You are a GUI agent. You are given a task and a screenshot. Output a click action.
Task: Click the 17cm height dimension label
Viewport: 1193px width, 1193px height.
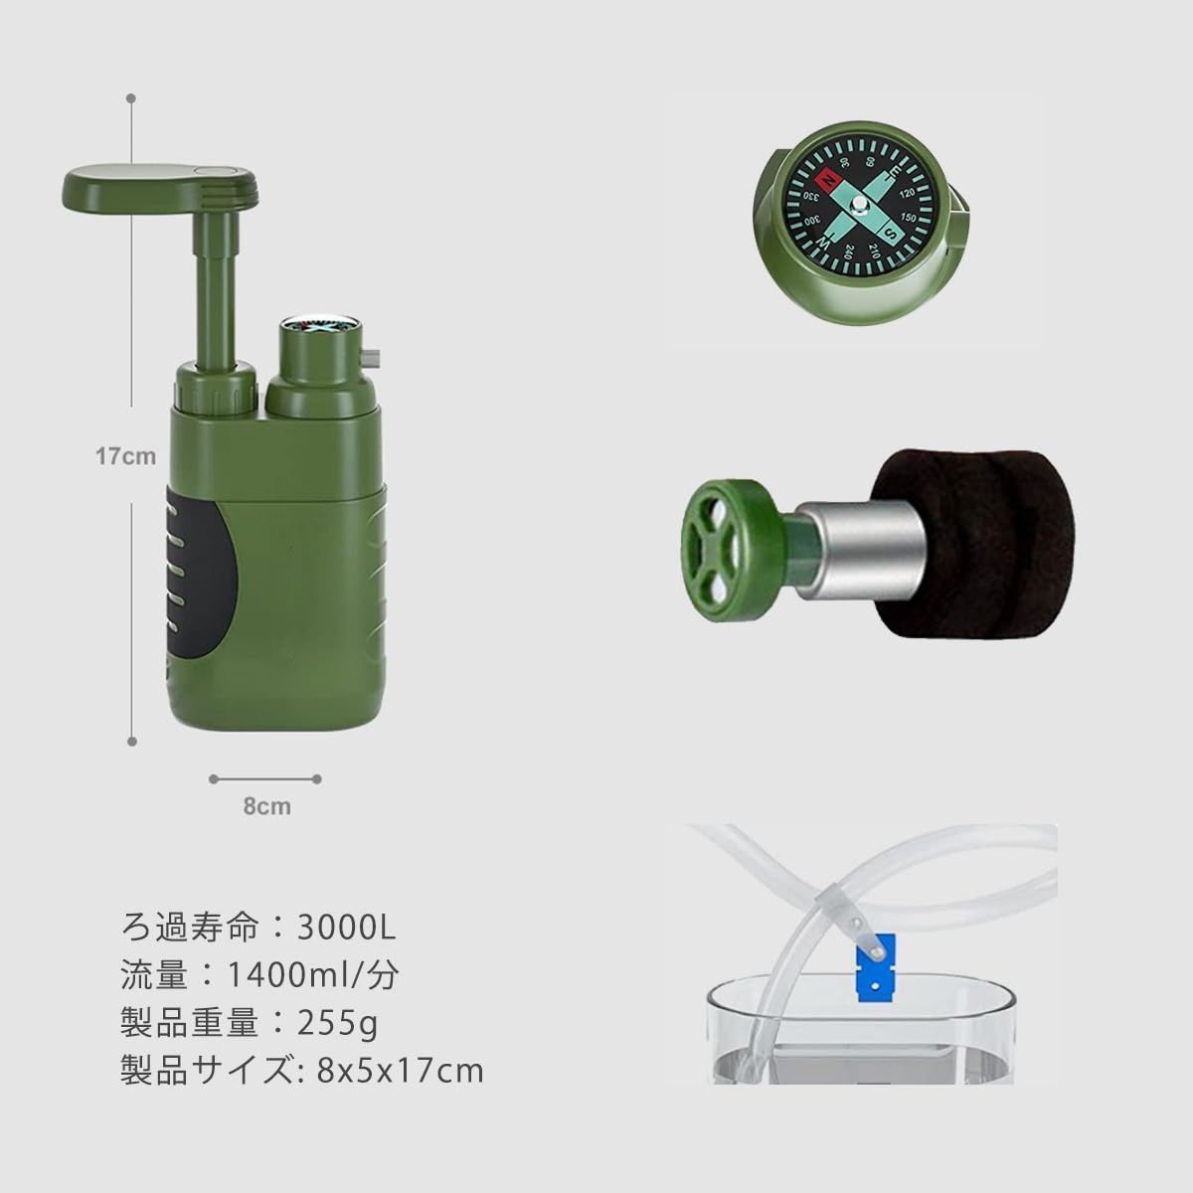[x=125, y=456]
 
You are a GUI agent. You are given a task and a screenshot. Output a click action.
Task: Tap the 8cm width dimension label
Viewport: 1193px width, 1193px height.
[x=266, y=806]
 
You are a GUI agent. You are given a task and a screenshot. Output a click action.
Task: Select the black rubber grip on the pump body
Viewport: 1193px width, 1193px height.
[x=200, y=572]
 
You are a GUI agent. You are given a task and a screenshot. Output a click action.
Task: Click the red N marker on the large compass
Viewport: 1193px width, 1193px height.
[x=828, y=181]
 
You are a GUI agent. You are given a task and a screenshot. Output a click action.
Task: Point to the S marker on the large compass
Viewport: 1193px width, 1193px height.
[x=891, y=233]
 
